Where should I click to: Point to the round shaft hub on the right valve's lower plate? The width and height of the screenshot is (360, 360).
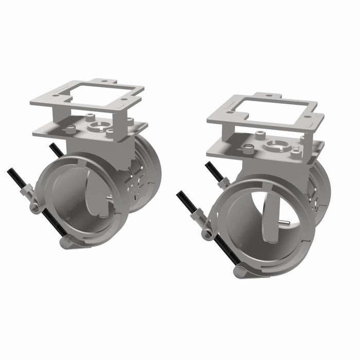click(273, 146)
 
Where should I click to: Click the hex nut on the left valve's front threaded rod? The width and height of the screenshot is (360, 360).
click(26, 192)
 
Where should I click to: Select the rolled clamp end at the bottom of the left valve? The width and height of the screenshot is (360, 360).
click(65, 242)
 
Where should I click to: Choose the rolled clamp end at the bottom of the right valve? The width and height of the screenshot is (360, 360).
click(239, 271)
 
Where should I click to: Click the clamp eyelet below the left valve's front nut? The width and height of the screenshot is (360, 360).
click(35, 207)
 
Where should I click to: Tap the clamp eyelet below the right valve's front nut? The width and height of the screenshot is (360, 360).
click(206, 233)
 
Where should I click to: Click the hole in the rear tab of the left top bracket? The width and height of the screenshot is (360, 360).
click(103, 81)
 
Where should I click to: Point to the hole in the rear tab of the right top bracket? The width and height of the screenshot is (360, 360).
click(271, 95)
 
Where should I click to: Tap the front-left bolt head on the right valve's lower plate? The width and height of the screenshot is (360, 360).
click(249, 149)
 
